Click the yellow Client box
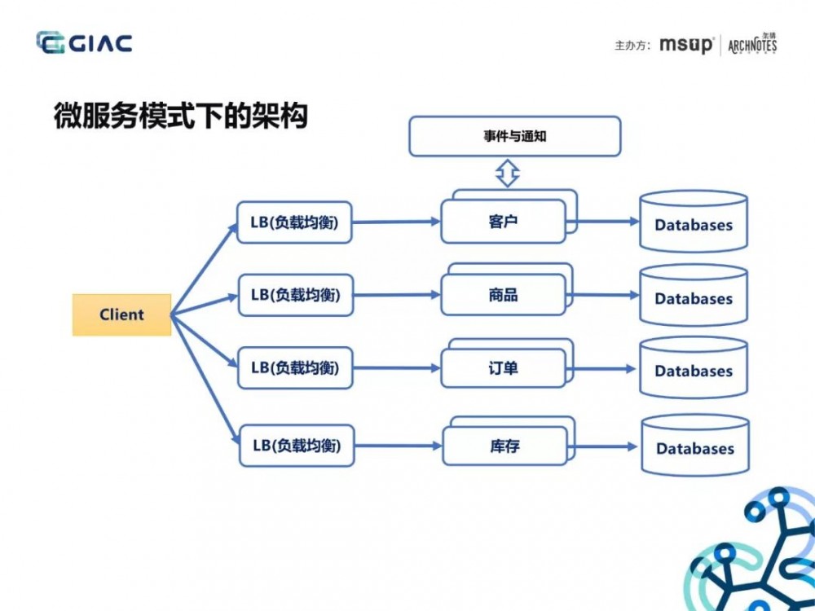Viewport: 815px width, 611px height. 121,314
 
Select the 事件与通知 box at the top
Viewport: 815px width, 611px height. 514,136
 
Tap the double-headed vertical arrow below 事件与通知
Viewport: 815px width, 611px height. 508,173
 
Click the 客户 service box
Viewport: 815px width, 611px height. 503,222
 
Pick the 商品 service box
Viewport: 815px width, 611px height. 503,295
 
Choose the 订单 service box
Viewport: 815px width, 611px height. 503,368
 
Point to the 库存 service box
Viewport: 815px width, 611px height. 504,446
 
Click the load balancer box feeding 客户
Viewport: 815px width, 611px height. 295,222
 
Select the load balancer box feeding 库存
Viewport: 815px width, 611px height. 297,446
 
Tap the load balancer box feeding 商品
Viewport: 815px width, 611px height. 295,295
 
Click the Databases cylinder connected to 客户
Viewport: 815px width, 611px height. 694,222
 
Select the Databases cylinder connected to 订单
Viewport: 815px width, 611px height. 694,368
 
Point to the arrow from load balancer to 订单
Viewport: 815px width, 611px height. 397,368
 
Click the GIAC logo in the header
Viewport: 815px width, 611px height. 84,42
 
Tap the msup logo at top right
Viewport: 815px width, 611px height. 685,45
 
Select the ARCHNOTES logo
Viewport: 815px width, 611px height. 751,44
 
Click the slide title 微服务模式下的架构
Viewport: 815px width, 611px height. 180,116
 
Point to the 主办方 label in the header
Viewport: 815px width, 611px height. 632,46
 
